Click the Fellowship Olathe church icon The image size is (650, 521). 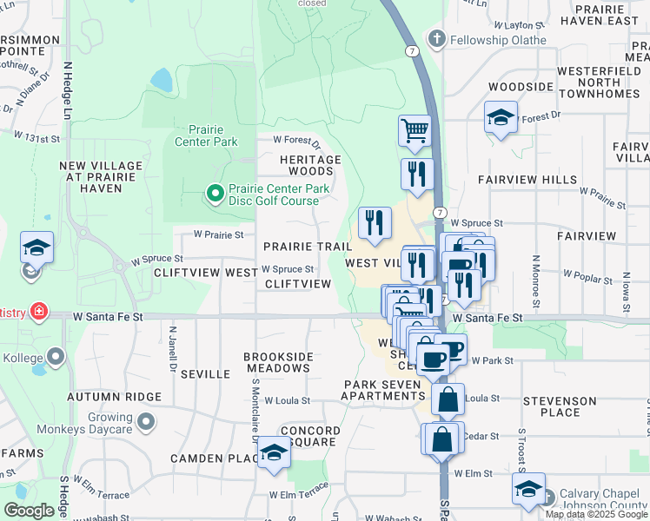tap(436, 40)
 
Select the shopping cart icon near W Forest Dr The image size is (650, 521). tap(415, 131)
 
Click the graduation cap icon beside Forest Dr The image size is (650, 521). tap(501, 117)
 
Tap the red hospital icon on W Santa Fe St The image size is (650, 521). tap(37, 311)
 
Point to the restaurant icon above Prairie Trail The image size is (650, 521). tap(375, 222)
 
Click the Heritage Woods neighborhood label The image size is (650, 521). tap(310, 166)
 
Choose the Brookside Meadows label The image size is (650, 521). tap(276, 362)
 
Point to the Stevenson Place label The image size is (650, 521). tap(560, 407)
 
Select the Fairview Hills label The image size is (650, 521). tap(527, 180)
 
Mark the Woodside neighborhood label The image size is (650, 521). tap(521, 87)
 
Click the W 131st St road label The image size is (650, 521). tap(36, 136)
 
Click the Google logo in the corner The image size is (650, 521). tap(29, 511)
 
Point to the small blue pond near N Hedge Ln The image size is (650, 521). tap(161, 80)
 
